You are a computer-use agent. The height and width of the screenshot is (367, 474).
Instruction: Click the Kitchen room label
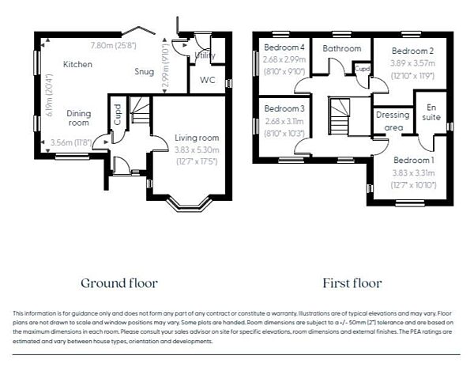(77, 64)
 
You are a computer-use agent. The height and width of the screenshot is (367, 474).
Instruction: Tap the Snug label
(145, 70)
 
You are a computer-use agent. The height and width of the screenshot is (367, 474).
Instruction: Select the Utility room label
(205, 55)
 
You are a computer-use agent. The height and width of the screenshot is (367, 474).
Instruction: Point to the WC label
(208, 80)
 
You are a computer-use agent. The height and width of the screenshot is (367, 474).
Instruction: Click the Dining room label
(79, 118)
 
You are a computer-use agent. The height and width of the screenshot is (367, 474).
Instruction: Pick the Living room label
(196, 138)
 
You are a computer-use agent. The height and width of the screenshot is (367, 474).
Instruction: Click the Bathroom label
(341, 48)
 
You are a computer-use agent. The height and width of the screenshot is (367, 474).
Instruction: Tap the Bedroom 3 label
(283, 108)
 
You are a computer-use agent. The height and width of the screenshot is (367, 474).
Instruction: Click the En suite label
(431, 112)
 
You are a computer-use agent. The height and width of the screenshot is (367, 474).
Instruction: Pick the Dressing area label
(392, 120)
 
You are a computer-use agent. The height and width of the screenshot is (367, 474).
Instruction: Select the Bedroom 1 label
(414, 160)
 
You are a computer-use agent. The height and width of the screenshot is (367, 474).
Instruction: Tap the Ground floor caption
(119, 282)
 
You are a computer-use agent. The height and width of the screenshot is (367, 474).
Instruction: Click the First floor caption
(352, 282)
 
